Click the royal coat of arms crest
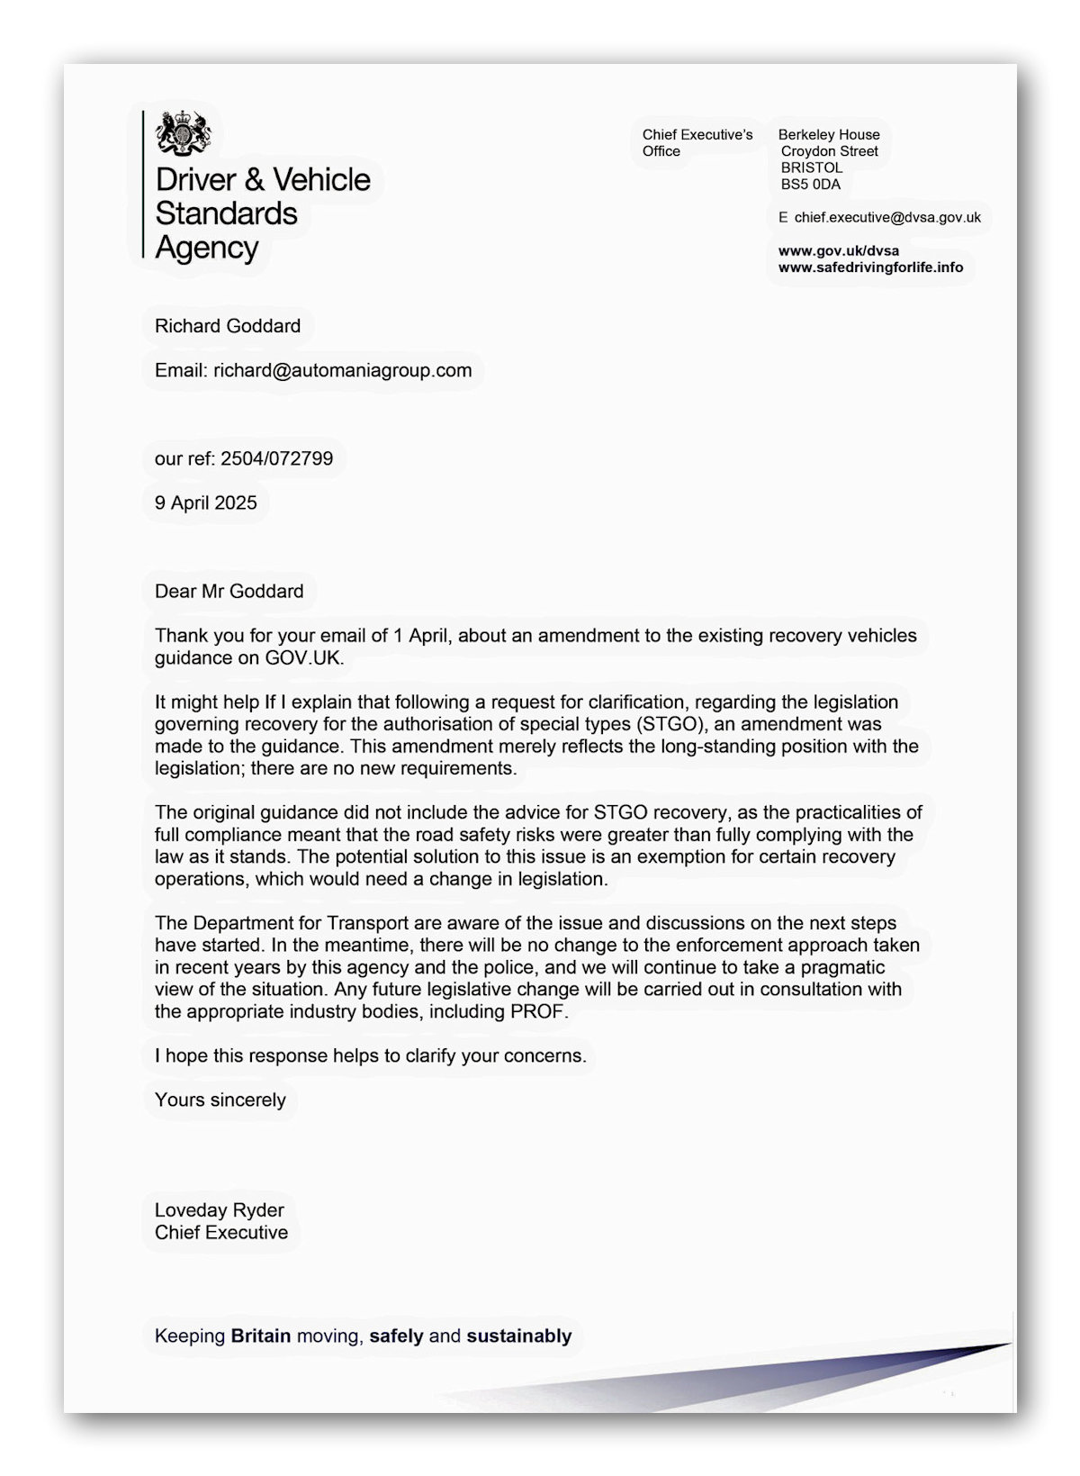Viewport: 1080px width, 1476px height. point(184,133)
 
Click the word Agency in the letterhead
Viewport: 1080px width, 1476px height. point(207,247)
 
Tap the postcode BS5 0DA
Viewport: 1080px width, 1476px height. point(810,185)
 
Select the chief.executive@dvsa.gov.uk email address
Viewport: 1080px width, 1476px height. point(887,217)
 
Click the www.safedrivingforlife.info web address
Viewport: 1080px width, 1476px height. point(870,267)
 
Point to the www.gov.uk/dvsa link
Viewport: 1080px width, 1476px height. point(838,250)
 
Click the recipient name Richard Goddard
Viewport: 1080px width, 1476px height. point(228,326)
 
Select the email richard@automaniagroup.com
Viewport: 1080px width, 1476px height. point(342,370)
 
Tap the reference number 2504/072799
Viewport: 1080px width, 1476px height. point(276,458)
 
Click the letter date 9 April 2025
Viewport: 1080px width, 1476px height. point(206,503)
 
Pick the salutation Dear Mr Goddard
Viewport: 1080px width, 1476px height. point(229,591)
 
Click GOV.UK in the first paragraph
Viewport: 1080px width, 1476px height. point(303,657)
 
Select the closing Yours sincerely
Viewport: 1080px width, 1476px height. point(220,1100)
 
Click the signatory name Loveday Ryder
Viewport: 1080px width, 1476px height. point(220,1210)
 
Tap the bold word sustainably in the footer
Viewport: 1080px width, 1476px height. point(519,1336)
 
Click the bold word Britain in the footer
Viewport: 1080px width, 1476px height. point(261,1336)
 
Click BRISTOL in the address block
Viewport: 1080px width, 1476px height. point(812,168)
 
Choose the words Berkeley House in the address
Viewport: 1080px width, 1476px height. point(829,135)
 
